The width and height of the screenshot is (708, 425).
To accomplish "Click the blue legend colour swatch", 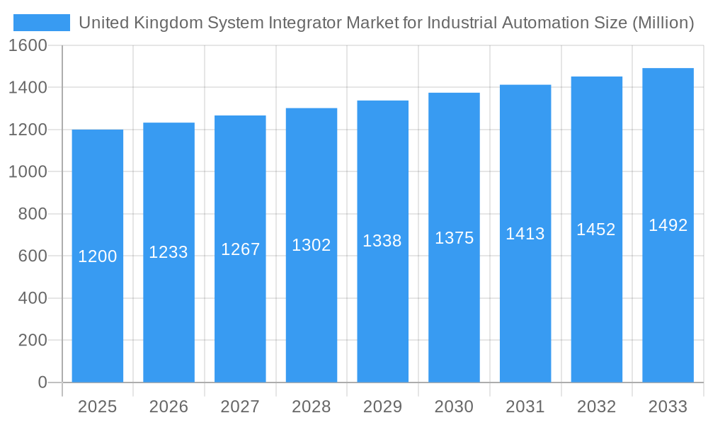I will coord(42,23).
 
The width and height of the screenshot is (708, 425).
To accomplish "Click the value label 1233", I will coord(169,252).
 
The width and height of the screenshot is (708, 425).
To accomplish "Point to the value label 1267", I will coord(241,249).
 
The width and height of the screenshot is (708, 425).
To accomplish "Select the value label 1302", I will coord(312,245).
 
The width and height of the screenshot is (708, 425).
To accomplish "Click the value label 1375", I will coord(454,238).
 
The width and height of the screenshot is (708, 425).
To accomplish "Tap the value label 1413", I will coord(525,234).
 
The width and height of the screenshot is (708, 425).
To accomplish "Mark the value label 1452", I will coord(596,229).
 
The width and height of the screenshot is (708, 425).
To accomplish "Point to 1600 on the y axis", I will coord(28,45).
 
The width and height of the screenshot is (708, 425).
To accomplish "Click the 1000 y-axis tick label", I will coord(28,171).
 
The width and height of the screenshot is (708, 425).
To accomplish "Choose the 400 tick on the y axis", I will coord(33,298).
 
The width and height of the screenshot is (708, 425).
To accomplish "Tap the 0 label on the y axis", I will coord(42,382).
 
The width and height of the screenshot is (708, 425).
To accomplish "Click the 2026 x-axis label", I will coord(169,407).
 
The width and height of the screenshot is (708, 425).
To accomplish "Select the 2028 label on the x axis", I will coord(312,407).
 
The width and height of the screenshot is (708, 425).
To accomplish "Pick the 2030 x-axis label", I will coord(454,407).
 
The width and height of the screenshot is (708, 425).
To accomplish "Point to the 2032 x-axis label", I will coord(596,407).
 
